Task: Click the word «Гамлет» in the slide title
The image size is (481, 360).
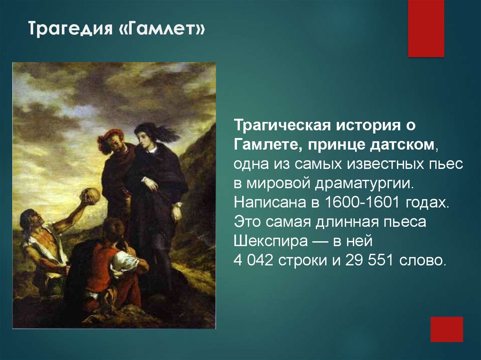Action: [162, 29]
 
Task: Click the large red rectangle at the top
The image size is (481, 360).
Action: [426, 29]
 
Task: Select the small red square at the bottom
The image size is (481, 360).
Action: [447, 329]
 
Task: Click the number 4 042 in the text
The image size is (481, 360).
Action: [253, 260]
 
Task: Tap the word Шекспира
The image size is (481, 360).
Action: [271, 241]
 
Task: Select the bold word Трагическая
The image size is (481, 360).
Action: [282, 126]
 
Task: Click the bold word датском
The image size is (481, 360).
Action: [402, 145]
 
